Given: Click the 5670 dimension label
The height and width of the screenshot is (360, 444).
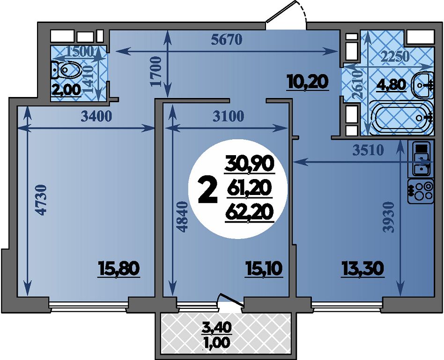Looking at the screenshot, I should coord(227,40).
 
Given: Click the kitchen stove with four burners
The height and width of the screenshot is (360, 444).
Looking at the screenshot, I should coord(421,191).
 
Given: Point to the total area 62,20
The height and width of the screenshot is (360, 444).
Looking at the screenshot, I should coord(249,213).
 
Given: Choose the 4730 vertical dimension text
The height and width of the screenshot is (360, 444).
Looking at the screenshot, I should coord(42,200).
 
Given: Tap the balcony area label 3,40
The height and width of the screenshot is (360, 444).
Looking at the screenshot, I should coord(217,326).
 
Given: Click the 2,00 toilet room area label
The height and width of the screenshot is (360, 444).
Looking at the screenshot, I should coord(66,90).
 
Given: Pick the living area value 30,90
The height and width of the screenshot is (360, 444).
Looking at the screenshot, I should coord(249,164).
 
